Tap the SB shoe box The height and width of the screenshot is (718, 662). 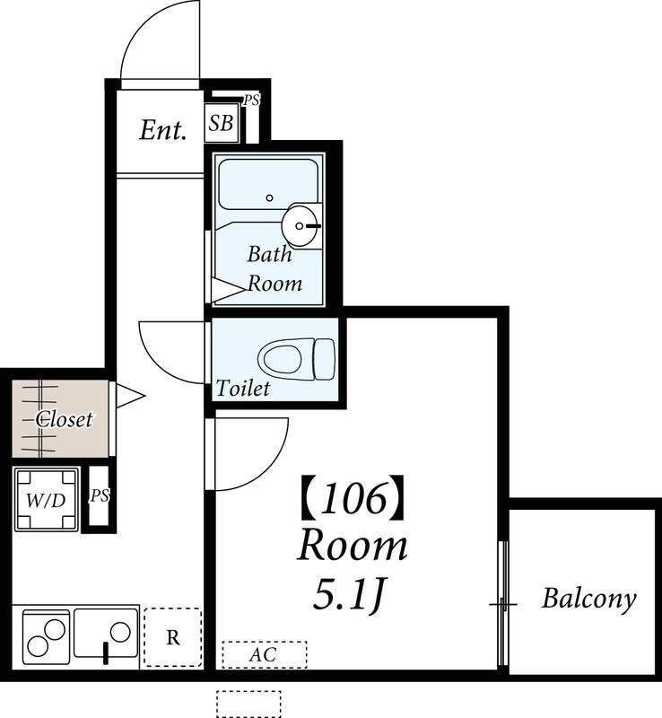(x=222, y=123)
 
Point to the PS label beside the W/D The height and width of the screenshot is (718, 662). (x=100, y=495)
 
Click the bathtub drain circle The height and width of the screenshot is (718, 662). (x=270, y=197)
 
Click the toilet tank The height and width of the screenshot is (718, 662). (x=325, y=359)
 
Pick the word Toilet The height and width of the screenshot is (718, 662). (x=242, y=389)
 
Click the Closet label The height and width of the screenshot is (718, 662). (x=65, y=418)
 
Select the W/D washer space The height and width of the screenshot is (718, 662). (x=47, y=499)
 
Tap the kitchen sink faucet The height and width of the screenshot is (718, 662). (x=106, y=653)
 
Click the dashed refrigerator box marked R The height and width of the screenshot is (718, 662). (x=173, y=637)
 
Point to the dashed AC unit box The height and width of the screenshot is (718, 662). (x=264, y=654)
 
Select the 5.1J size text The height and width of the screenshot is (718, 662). (x=347, y=594)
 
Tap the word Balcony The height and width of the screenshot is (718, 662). (x=589, y=599)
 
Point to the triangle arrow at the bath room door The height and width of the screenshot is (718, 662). (x=227, y=289)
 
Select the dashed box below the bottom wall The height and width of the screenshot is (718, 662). (x=248, y=704)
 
